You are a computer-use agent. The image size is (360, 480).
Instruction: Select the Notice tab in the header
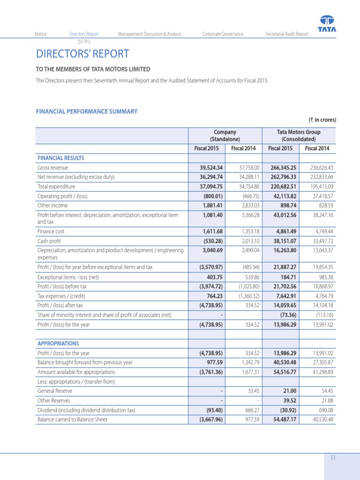point(41,34)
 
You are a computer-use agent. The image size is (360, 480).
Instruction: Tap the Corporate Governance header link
point(223,34)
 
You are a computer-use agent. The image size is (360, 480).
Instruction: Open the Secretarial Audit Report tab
point(286,34)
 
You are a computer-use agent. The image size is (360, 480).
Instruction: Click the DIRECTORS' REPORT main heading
point(82,54)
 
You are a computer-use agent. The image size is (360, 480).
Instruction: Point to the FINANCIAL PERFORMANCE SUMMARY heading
point(87,112)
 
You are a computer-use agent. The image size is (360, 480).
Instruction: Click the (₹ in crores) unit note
point(322,120)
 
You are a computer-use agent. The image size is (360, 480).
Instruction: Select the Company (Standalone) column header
point(225,135)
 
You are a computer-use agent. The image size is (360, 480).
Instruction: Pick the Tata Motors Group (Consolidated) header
point(299,135)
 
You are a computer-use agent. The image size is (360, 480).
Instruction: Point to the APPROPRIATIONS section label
point(58,344)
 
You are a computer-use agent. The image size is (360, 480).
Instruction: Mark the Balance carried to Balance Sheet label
point(72,420)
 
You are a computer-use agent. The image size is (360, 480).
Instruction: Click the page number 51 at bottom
point(333,458)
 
